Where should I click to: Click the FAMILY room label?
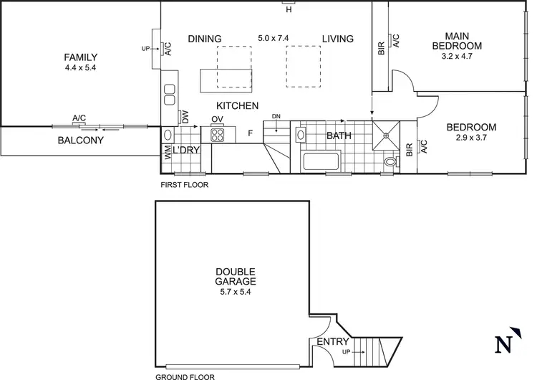click(x=79, y=57)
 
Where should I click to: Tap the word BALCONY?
click(x=80, y=141)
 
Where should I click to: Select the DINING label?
click(x=204, y=39)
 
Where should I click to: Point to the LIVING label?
click(x=337, y=39)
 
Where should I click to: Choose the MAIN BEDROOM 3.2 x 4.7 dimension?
click(x=463, y=57)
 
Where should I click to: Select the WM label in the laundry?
click(x=168, y=151)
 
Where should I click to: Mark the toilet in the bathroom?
click(x=390, y=163)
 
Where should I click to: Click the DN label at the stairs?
click(x=276, y=116)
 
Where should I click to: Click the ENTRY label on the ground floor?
click(x=333, y=342)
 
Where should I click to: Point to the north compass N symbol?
click(x=505, y=344)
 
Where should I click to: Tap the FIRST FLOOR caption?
click(x=185, y=184)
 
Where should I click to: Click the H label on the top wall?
click(x=289, y=10)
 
